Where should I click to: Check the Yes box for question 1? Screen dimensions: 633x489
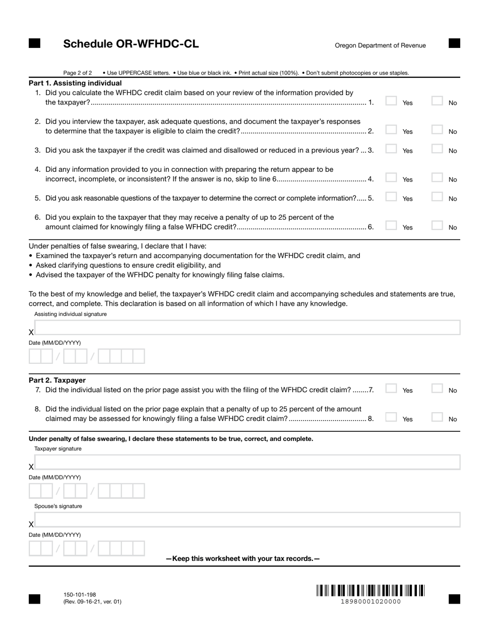(x=391, y=101)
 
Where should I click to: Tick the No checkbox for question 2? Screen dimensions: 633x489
(x=437, y=130)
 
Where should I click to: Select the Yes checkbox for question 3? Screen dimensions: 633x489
(x=391, y=149)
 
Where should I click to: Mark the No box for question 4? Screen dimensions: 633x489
(x=437, y=178)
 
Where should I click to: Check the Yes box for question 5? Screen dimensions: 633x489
(x=391, y=197)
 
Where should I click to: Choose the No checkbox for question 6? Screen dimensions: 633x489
(x=437, y=225)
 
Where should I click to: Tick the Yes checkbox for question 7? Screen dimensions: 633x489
(x=391, y=389)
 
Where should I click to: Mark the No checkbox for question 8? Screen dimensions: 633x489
(x=437, y=417)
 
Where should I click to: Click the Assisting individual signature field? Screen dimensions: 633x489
(x=247, y=328)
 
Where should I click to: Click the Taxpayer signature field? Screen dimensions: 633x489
(x=247, y=462)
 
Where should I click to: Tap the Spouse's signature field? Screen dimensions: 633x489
(x=247, y=520)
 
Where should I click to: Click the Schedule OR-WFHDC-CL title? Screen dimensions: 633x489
(x=131, y=44)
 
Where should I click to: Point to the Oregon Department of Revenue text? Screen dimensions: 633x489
(x=380, y=45)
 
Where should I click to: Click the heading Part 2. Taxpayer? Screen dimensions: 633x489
(x=57, y=380)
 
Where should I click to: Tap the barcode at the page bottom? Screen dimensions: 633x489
(x=371, y=590)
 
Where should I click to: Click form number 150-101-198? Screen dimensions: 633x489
(x=80, y=594)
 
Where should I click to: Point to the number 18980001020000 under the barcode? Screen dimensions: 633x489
(x=371, y=602)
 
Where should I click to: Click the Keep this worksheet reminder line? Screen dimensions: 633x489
(x=242, y=558)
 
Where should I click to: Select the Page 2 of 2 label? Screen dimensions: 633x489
(x=78, y=73)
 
